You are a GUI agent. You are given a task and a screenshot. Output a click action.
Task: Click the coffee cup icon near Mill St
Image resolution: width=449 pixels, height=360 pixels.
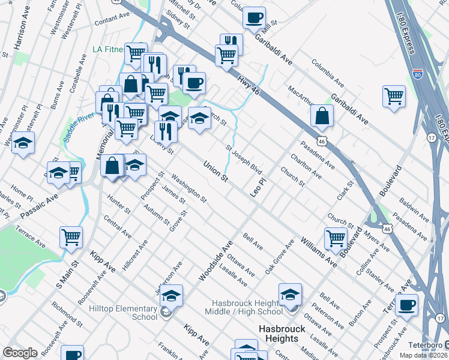255,17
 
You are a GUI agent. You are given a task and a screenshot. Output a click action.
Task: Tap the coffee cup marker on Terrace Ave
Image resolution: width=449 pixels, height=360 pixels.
407,304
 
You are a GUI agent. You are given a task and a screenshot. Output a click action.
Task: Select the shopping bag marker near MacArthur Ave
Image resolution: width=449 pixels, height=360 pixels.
322,115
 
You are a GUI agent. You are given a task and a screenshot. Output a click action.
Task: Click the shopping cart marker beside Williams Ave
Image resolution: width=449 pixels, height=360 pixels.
336,238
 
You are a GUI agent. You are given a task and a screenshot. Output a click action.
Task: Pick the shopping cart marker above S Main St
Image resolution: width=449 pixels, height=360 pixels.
71,236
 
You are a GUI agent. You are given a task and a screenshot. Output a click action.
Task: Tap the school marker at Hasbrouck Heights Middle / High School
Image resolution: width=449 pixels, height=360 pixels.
290,294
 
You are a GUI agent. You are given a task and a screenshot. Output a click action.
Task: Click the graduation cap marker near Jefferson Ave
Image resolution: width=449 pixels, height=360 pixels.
171,295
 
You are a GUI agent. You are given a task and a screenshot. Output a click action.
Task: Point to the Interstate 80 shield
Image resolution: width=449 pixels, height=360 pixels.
418,75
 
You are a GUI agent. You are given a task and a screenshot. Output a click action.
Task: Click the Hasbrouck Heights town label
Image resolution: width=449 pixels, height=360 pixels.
282,334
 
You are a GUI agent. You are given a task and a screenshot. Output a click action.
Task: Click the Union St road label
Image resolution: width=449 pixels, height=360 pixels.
215,171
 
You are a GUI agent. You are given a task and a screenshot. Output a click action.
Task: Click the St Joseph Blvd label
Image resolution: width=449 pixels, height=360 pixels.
244,157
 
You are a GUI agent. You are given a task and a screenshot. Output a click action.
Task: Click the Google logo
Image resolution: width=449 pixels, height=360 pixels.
20,353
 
